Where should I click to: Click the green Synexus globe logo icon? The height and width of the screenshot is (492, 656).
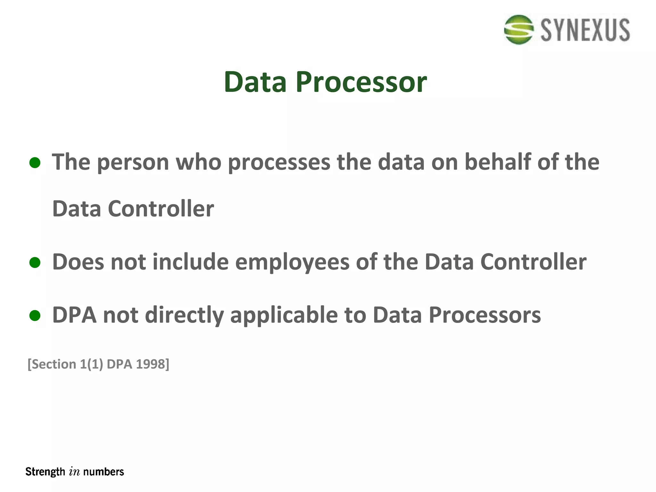[519, 29]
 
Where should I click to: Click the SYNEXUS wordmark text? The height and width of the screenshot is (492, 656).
[585, 30]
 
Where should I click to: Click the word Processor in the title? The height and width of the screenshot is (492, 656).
[361, 82]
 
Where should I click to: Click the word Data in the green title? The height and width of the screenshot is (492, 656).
[255, 82]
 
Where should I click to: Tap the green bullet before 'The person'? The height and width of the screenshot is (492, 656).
[35, 163]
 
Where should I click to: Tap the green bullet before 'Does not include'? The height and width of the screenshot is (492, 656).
[35, 263]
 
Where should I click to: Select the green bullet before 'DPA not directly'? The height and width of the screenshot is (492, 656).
[35, 316]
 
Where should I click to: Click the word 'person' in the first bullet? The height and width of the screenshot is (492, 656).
[133, 163]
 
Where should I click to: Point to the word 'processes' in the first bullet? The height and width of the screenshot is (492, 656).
[279, 163]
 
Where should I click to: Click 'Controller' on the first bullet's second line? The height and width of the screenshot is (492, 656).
[161, 209]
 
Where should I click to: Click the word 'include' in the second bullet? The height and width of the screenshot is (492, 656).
[191, 262]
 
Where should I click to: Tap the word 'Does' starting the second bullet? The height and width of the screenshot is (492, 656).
[78, 262]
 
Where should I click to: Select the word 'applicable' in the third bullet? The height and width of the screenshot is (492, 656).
[284, 316]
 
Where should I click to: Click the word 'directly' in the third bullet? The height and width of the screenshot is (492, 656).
[184, 316]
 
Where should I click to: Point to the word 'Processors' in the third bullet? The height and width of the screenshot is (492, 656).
[485, 316]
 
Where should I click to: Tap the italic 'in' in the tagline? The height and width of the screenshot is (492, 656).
[74, 472]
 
